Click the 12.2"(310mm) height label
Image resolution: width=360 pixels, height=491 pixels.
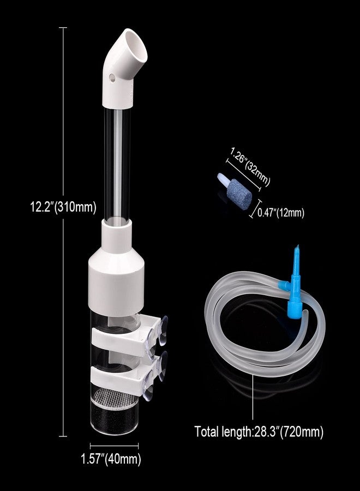(63, 207)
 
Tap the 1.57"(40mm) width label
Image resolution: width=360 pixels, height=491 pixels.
(111, 459)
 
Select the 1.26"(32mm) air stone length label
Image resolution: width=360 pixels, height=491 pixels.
(250, 167)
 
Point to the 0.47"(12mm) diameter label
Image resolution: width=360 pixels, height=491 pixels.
(281, 213)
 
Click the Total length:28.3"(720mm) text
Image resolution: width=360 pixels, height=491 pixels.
(259, 432)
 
